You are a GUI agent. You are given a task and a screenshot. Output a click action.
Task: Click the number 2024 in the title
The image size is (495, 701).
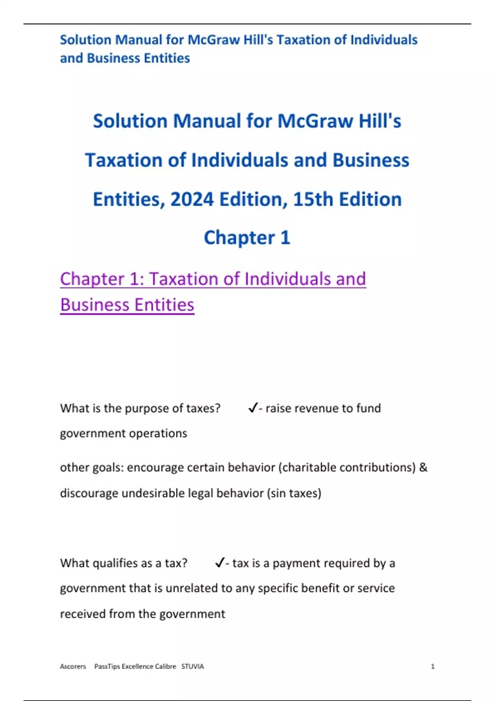(192, 200)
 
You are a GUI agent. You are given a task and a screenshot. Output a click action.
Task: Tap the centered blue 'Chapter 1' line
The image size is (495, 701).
(247, 238)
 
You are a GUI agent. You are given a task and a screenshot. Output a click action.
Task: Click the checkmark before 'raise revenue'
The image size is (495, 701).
(253, 408)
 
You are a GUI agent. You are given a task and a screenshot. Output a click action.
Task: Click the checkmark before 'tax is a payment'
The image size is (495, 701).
(219, 563)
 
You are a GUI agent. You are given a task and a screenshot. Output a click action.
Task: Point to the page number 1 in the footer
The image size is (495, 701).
(433, 666)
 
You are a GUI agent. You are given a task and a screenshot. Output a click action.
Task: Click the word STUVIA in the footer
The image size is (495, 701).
(193, 666)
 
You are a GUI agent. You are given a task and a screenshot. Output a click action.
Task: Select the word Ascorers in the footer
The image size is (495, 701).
(73, 666)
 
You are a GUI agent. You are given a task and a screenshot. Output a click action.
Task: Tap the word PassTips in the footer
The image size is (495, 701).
(107, 666)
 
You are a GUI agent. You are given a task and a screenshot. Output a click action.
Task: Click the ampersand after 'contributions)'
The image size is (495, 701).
(423, 468)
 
